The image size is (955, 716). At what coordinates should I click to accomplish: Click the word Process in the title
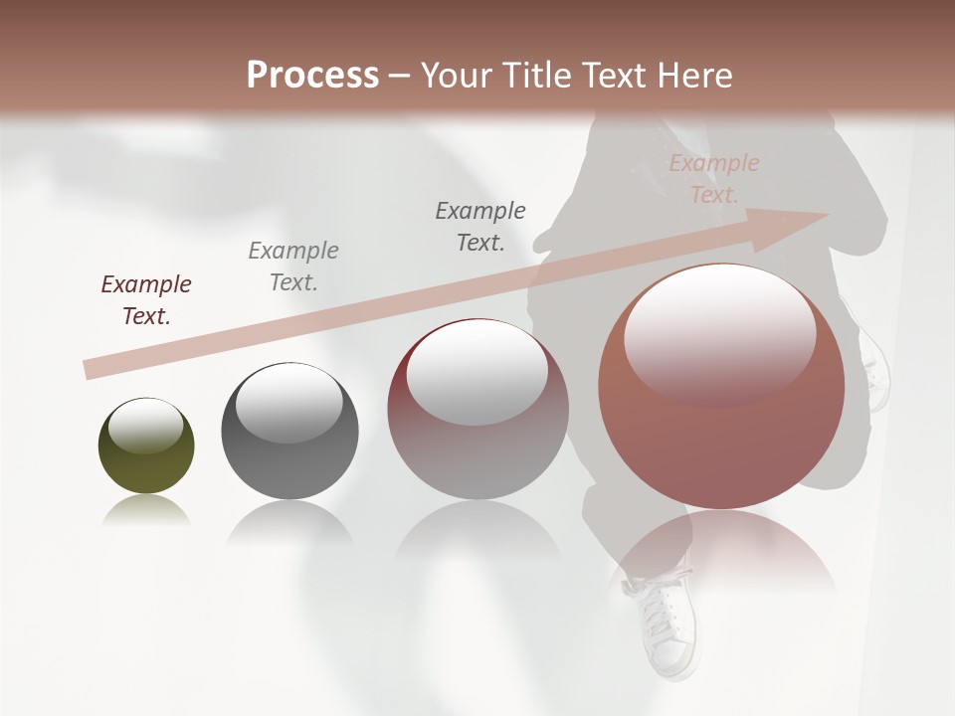312,76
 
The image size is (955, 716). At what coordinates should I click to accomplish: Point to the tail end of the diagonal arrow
90,370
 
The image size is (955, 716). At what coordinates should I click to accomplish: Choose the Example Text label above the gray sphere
293,266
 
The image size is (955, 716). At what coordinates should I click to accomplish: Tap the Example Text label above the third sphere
480,226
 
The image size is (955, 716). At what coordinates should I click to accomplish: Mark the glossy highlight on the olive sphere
145,426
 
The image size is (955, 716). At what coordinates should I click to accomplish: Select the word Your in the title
457,76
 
